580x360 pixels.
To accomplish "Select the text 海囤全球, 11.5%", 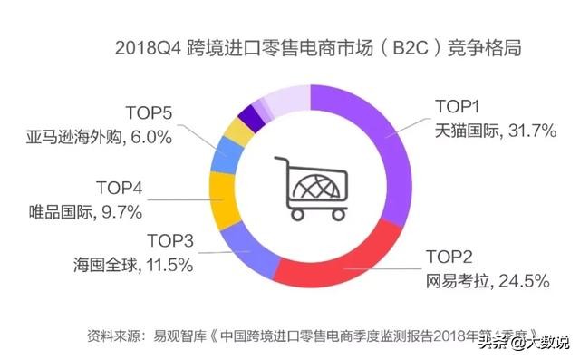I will [x=132, y=264].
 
